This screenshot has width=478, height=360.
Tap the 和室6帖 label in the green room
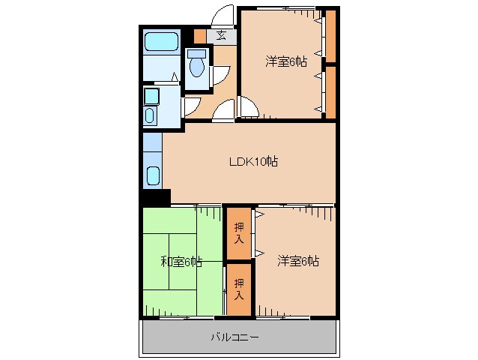click(x=181, y=262)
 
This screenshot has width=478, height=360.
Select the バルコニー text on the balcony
click(x=235, y=337)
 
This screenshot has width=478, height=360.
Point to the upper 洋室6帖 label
click(x=285, y=61)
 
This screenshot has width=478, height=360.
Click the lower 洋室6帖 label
click(x=298, y=261)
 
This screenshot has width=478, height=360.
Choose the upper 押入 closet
click(x=239, y=233)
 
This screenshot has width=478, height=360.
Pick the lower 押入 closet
click(x=239, y=289)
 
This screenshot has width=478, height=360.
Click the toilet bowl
click(x=196, y=66)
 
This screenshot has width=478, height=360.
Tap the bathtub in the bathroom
click(x=160, y=41)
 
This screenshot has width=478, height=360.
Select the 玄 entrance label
click(x=222, y=34)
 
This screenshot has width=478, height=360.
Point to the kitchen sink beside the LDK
click(x=153, y=177)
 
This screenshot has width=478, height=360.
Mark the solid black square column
click(x=156, y=197)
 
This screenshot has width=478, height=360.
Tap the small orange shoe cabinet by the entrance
click(x=199, y=35)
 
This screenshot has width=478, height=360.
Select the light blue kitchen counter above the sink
click(x=152, y=142)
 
